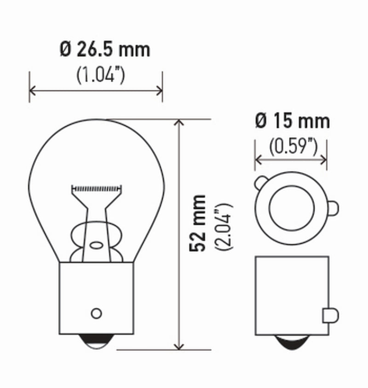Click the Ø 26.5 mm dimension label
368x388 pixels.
click(105, 49)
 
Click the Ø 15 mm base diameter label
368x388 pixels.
click(292, 121)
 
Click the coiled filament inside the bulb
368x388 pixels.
click(97, 188)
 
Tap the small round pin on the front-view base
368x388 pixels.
click(96, 313)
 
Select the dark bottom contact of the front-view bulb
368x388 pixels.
click(97, 341)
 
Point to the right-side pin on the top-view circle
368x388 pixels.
click(333, 208)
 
